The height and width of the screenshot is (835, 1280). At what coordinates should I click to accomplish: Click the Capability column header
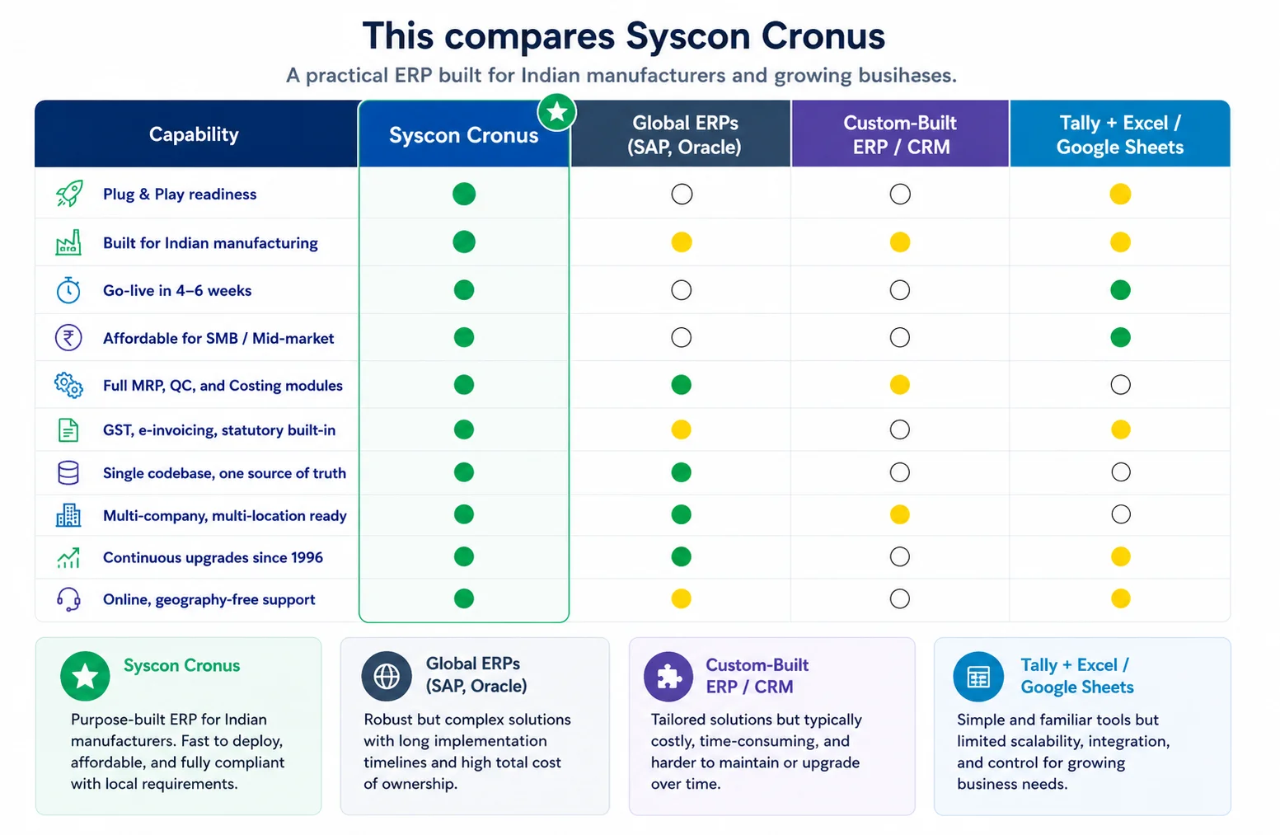coord(194,134)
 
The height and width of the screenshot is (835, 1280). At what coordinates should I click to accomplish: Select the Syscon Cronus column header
coord(463,135)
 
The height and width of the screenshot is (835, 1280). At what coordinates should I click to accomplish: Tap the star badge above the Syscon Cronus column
coord(556,112)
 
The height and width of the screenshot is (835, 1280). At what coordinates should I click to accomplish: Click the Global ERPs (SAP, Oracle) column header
coord(684,135)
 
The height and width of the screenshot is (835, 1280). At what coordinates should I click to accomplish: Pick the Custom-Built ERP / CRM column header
coord(901,135)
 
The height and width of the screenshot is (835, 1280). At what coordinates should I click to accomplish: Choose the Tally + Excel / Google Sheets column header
coord(1120,135)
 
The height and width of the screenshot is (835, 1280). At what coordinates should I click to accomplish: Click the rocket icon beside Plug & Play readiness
coord(69,194)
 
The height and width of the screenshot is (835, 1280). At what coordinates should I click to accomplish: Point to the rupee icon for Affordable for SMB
coord(68,337)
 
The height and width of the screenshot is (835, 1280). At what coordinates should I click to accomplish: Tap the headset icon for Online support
coord(68,599)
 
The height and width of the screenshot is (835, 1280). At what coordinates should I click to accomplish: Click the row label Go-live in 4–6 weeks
coord(177,290)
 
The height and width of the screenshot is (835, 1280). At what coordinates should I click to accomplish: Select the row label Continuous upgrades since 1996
coord(213,557)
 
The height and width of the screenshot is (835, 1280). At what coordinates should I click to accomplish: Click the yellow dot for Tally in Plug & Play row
coord(1120,195)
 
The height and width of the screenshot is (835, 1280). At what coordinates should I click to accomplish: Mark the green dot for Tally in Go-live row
coord(1120,290)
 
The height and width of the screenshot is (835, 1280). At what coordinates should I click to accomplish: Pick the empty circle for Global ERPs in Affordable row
coord(681,337)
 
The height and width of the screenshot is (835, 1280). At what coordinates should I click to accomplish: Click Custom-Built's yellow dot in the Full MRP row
coord(899,385)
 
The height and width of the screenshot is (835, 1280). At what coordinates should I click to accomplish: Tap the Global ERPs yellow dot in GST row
coord(681,429)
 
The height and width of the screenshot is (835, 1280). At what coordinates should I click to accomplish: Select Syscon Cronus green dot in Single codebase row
coord(463,472)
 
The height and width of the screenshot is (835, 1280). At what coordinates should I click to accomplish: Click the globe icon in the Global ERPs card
coord(387,677)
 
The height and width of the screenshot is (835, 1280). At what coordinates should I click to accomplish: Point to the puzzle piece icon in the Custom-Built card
coord(668,677)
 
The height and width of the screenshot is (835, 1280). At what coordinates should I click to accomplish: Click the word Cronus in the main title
coord(823,35)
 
